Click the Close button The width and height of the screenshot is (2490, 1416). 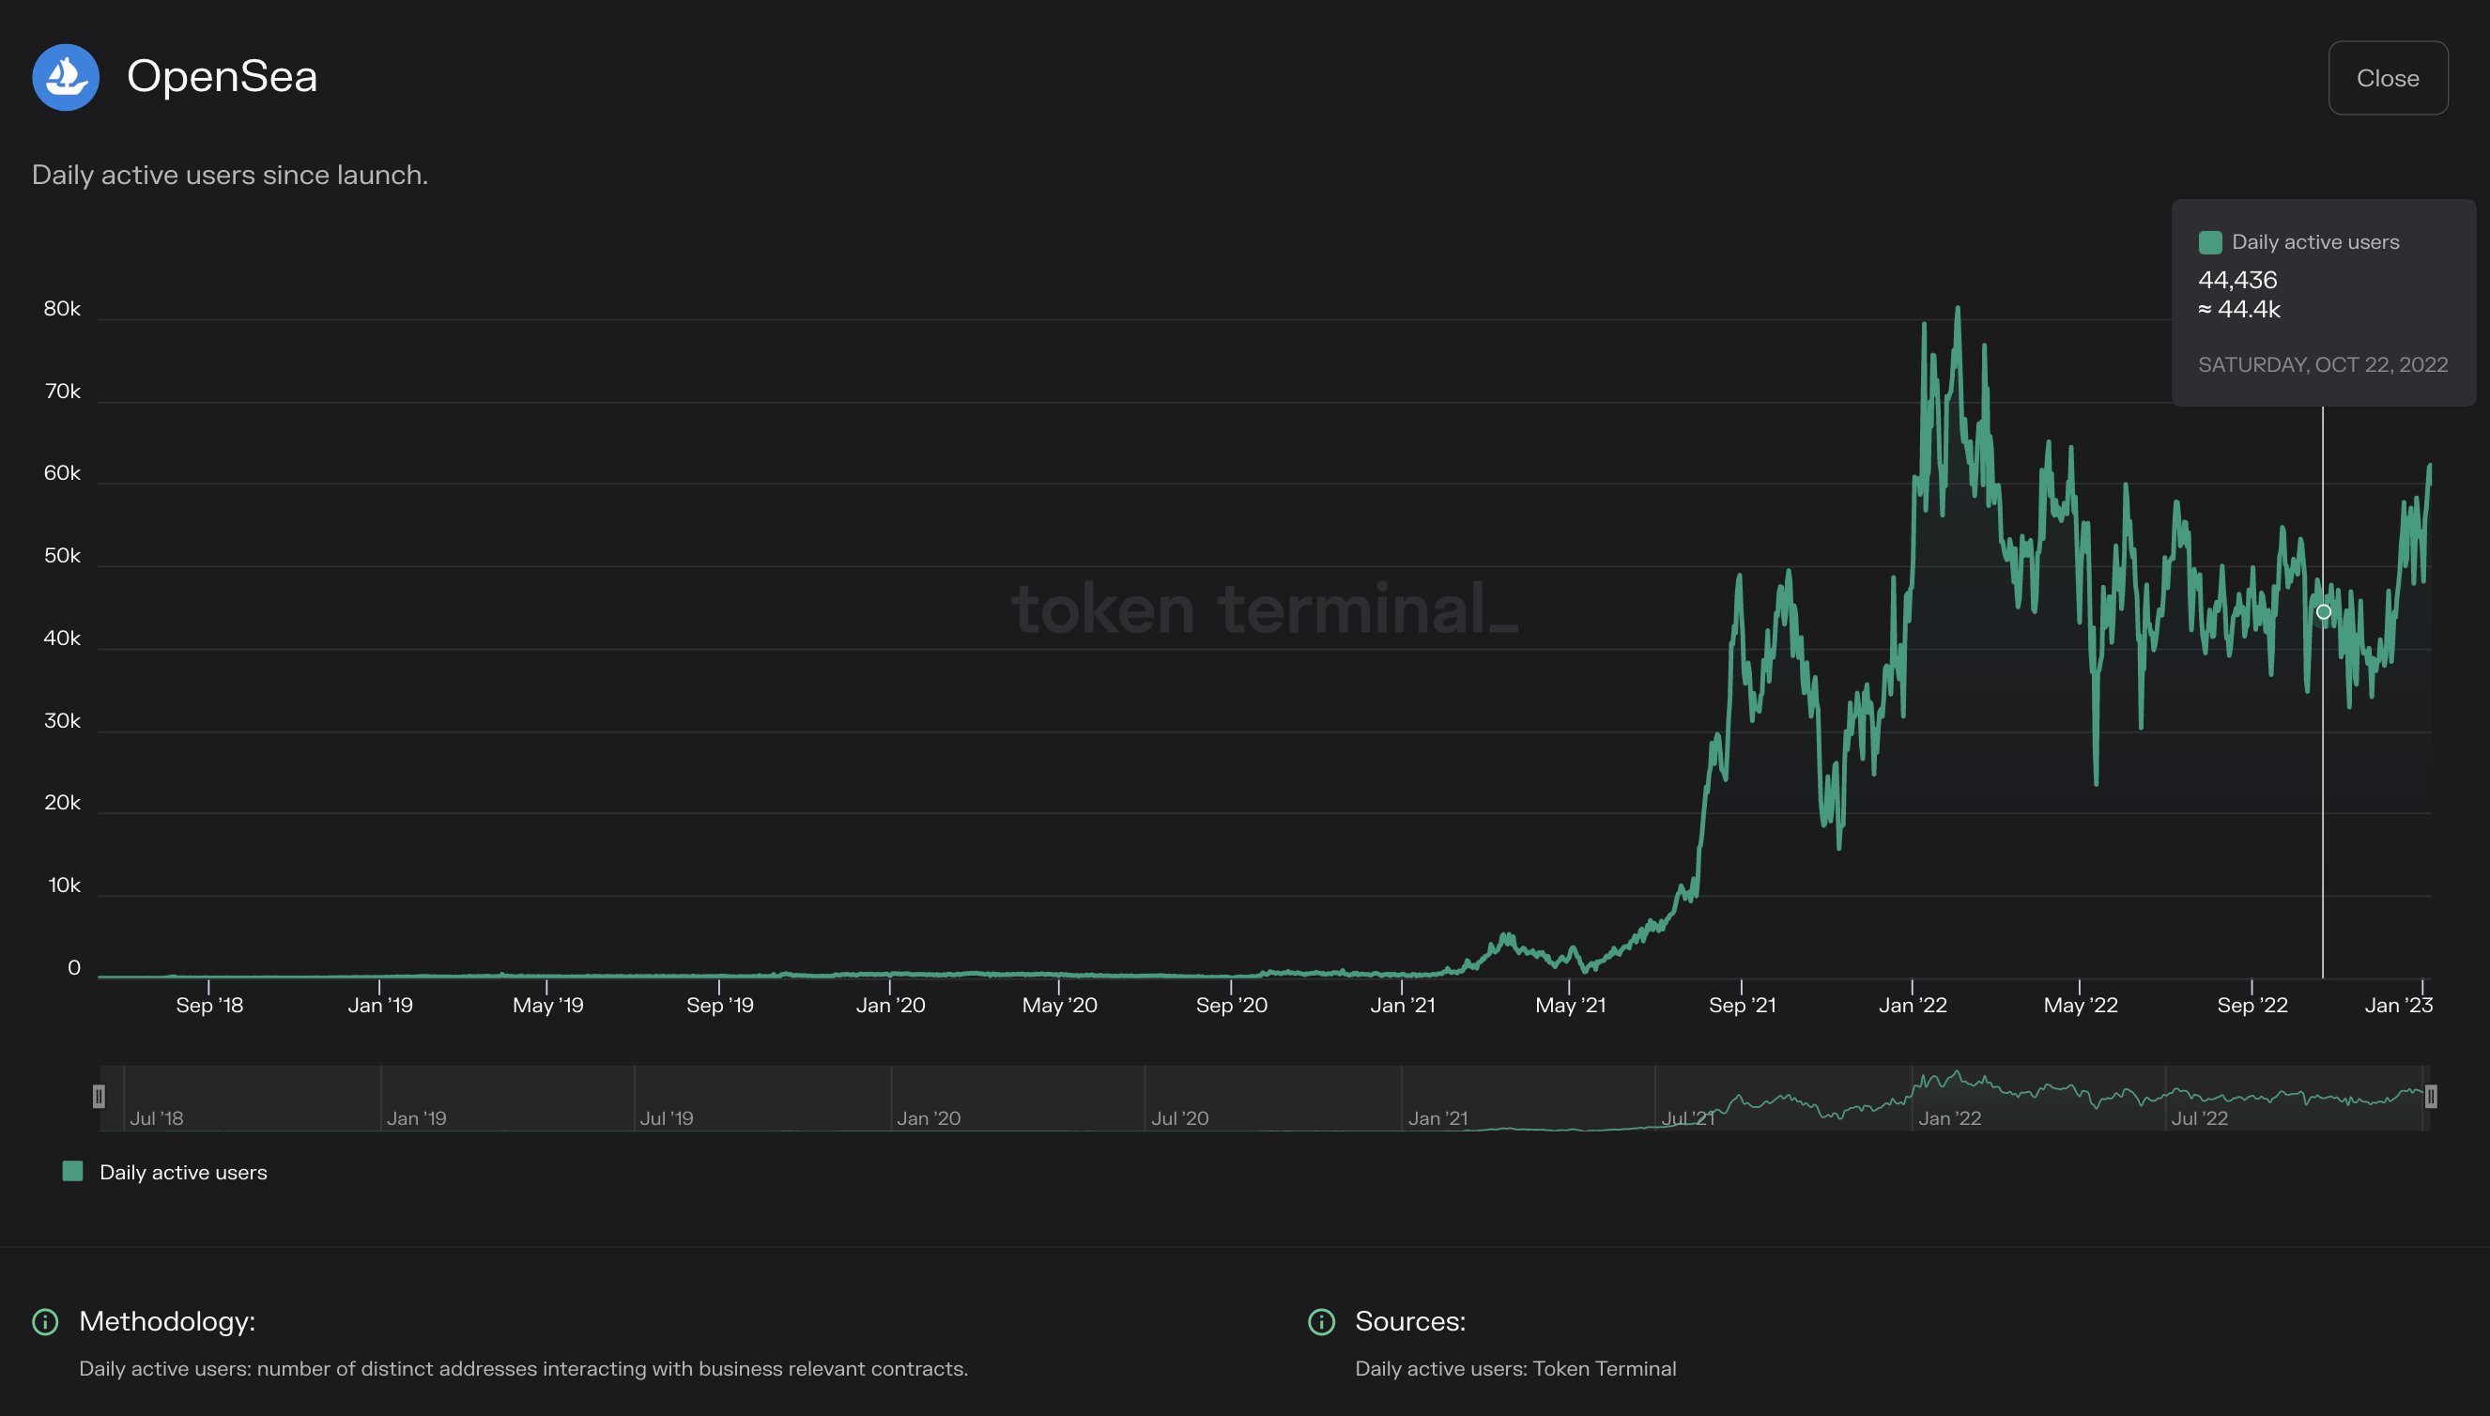pos(2387,78)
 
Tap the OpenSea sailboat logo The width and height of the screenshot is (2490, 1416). pos(66,77)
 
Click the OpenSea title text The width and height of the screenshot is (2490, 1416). pos(222,77)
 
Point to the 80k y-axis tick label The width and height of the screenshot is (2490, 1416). pos(62,309)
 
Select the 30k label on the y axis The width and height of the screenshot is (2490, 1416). pos(62,721)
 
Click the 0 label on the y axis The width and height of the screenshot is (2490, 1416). pos(74,969)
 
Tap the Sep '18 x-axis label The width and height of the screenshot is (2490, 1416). pos(209,1006)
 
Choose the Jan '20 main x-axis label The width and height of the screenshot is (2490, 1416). pos(890,1006)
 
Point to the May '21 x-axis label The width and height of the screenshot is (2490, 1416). pos(1569,1006)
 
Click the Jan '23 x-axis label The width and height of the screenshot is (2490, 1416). pos(2398,1006)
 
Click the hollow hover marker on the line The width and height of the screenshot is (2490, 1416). pos(2323,611)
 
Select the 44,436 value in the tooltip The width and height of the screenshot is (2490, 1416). pos(2237,280)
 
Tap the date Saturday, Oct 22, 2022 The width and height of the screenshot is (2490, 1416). pos(2322,364)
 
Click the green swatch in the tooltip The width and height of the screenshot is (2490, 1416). pos(2209,242)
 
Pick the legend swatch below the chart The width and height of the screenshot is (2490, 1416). pos(73,1171)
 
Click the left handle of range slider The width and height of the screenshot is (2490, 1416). pos(100,1097)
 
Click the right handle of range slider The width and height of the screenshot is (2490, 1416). pos(2430,1097)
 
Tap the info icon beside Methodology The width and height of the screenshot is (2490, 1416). pos(46,1322)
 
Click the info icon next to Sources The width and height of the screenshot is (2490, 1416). pos(1321,1322)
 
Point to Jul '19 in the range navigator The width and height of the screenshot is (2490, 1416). pos(666,1118)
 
